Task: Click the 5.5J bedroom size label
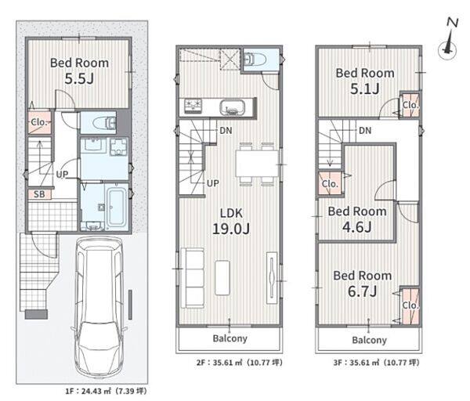pyautogui.click(x=79, y=79)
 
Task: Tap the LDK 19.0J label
pyautogui.click(x=231, y=222)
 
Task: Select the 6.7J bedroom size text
pyautogui.click(x=362, y=291)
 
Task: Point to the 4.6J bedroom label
pyautogui.click(x=356, y=227)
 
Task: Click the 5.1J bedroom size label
pyautogui.click(x=365, y=89)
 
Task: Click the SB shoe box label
pyautogui.click(x=39, y=194)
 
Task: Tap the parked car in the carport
pyautogui.click(x=99, y=306)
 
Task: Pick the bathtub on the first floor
pyautogui.click(x=117, y=207)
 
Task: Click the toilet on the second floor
pyautogui.click(x=253, y=60)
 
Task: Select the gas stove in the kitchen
pyautogui.click(x=193, y=106)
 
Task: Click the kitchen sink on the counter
pyautogui.click(x=232, y=107)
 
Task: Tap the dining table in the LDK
pyautogui.click(x=258, y=164)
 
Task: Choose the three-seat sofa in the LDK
pyautogui.click(x=193, y=278)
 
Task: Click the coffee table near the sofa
pyautogui.click(x=222, y=277)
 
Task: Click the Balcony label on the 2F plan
pyautogui.click(x=230, y=338)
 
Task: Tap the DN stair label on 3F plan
pyautogui.click(x=365, y=130)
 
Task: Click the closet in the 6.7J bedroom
pyautogui.click(x=410, y=305)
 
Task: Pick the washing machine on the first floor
pyautogui.click(x=119, y=146)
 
